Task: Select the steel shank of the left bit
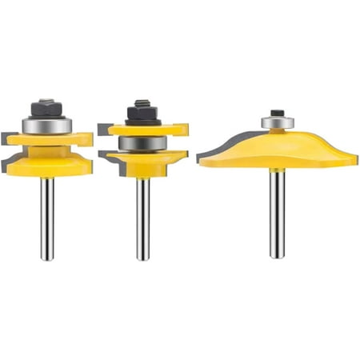click(47, 216)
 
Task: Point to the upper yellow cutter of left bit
click(48, 139)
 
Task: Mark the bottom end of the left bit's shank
click(47, 258)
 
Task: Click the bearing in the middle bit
click(142, 144)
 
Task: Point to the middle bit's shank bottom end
click(142, 257)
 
